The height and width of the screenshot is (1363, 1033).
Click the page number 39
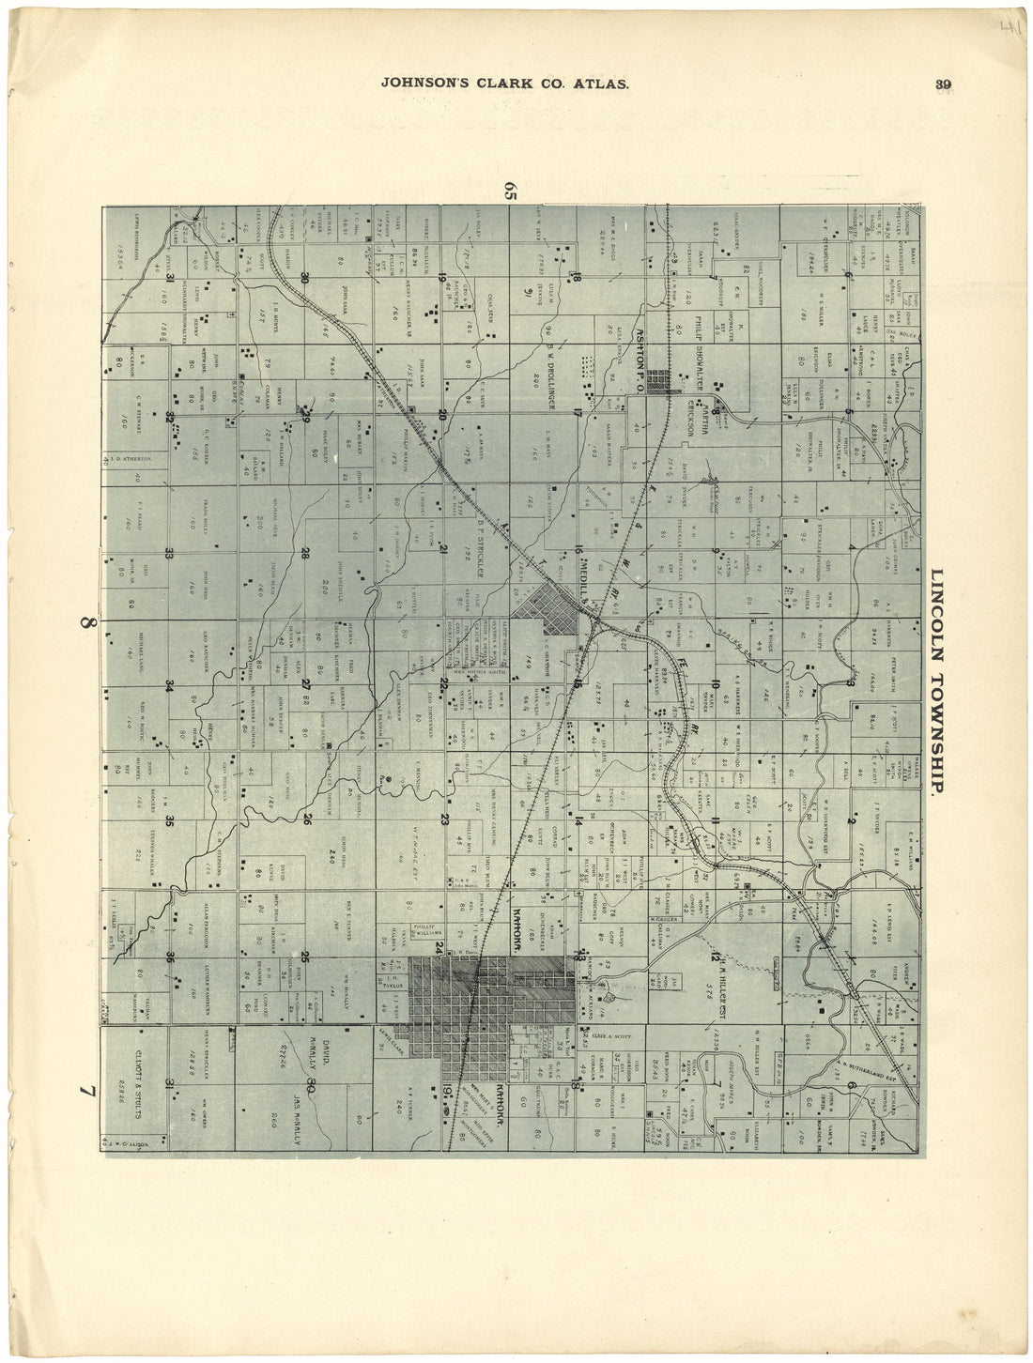point(943,84)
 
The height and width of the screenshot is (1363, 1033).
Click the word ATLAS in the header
point(597,83)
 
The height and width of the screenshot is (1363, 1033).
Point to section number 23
point(444,819)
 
